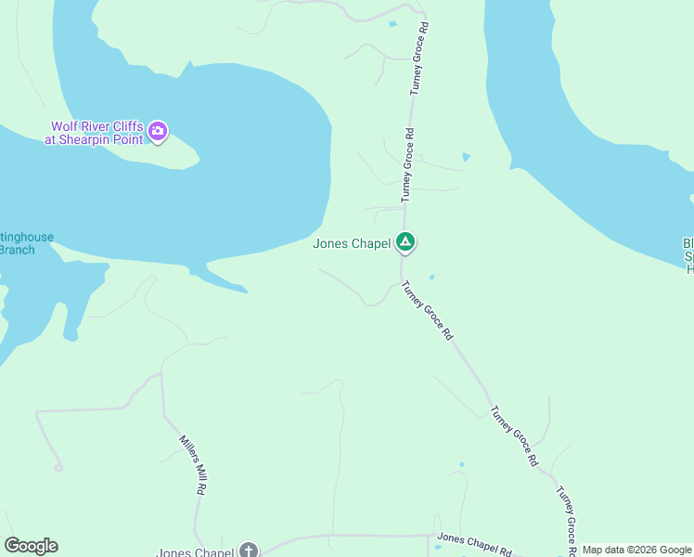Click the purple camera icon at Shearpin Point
tap(158, 131)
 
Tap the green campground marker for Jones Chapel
tap(405, 242)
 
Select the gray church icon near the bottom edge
tap(249, 551)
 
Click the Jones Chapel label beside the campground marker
tap(352, 244)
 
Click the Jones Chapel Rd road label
tap(474, 540)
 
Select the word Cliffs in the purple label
tap(124, 126)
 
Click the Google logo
tap(31, 546)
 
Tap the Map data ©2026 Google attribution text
tap(636, 550)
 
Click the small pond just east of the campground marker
tap(431, 277)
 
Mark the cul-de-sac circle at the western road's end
tap(58, 468)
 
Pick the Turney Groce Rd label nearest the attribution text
tap(568, 520)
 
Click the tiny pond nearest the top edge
tap(392, 23)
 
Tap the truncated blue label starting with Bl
tap(688, 255)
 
